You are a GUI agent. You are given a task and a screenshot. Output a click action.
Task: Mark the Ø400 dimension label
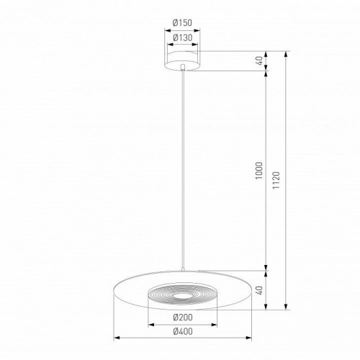point(184,332)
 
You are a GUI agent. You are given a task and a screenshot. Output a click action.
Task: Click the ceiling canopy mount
point(184,58)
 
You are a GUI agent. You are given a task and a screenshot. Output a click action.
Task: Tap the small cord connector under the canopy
point(184,70)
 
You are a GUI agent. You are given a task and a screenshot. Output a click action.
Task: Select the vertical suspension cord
point(184,173)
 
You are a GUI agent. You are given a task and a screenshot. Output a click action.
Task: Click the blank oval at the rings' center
point(184,295)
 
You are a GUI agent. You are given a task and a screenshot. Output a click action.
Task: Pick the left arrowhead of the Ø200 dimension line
point(150,324)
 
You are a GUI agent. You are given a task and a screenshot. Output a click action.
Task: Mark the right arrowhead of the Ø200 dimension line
point(217,324)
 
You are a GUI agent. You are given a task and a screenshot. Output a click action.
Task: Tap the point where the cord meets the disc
point(184,271)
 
